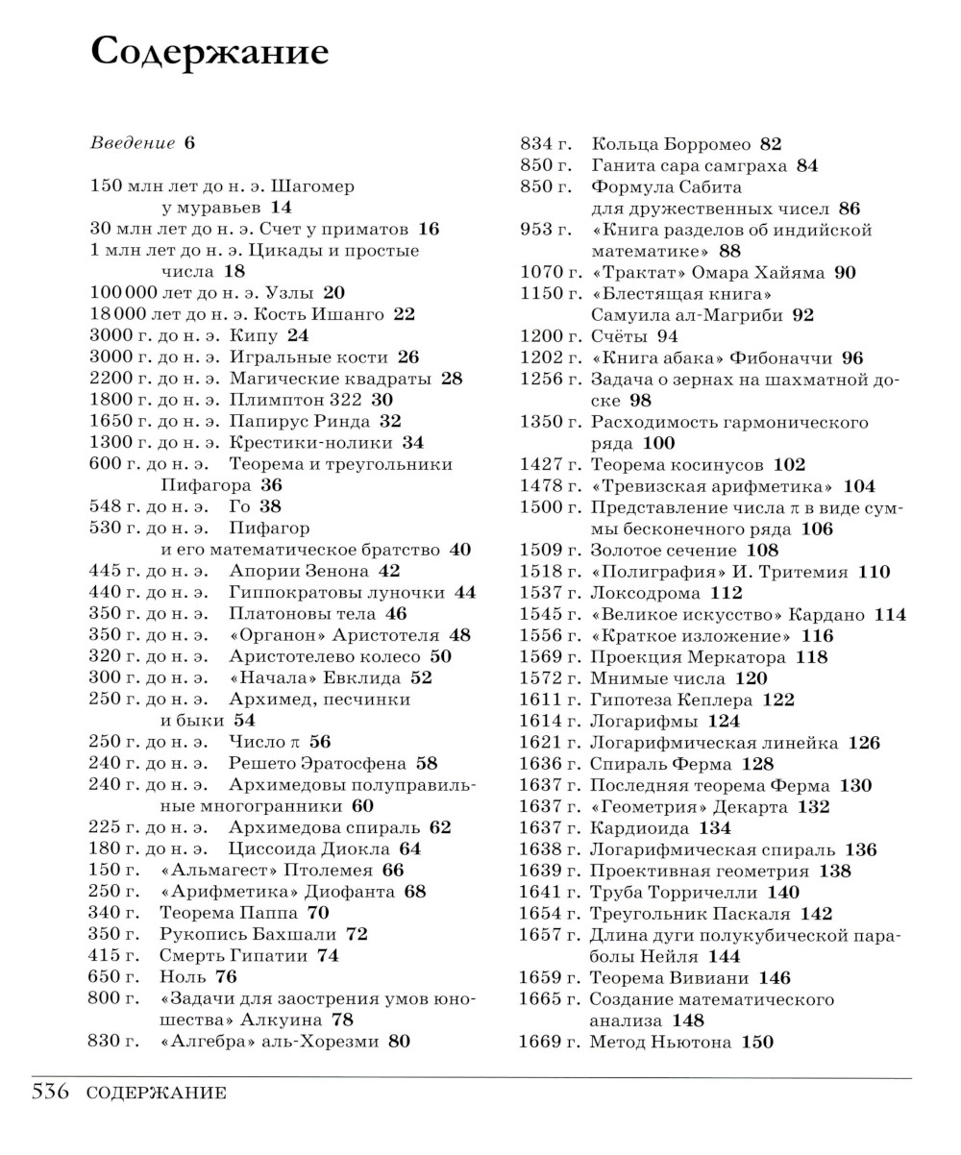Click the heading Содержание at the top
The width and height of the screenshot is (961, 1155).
click(x=209, y=52)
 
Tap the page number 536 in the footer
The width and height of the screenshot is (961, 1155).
click(x=51, y=1092)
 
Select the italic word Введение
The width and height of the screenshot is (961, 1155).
click(x=133, y=143)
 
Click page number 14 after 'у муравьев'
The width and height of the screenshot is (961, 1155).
click(x=281, y=208)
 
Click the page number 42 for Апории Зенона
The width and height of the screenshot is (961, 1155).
click(x=389, y=571)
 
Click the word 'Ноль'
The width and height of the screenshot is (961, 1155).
click(x=184, y=977)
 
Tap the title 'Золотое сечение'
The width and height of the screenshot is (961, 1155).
click(x=663, y=551)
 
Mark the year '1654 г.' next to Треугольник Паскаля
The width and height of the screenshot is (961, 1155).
click(x=550, y=914)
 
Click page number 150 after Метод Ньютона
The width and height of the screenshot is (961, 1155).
click(x=757, y=1042)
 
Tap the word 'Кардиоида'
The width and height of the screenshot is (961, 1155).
click(x=639, y=828)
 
